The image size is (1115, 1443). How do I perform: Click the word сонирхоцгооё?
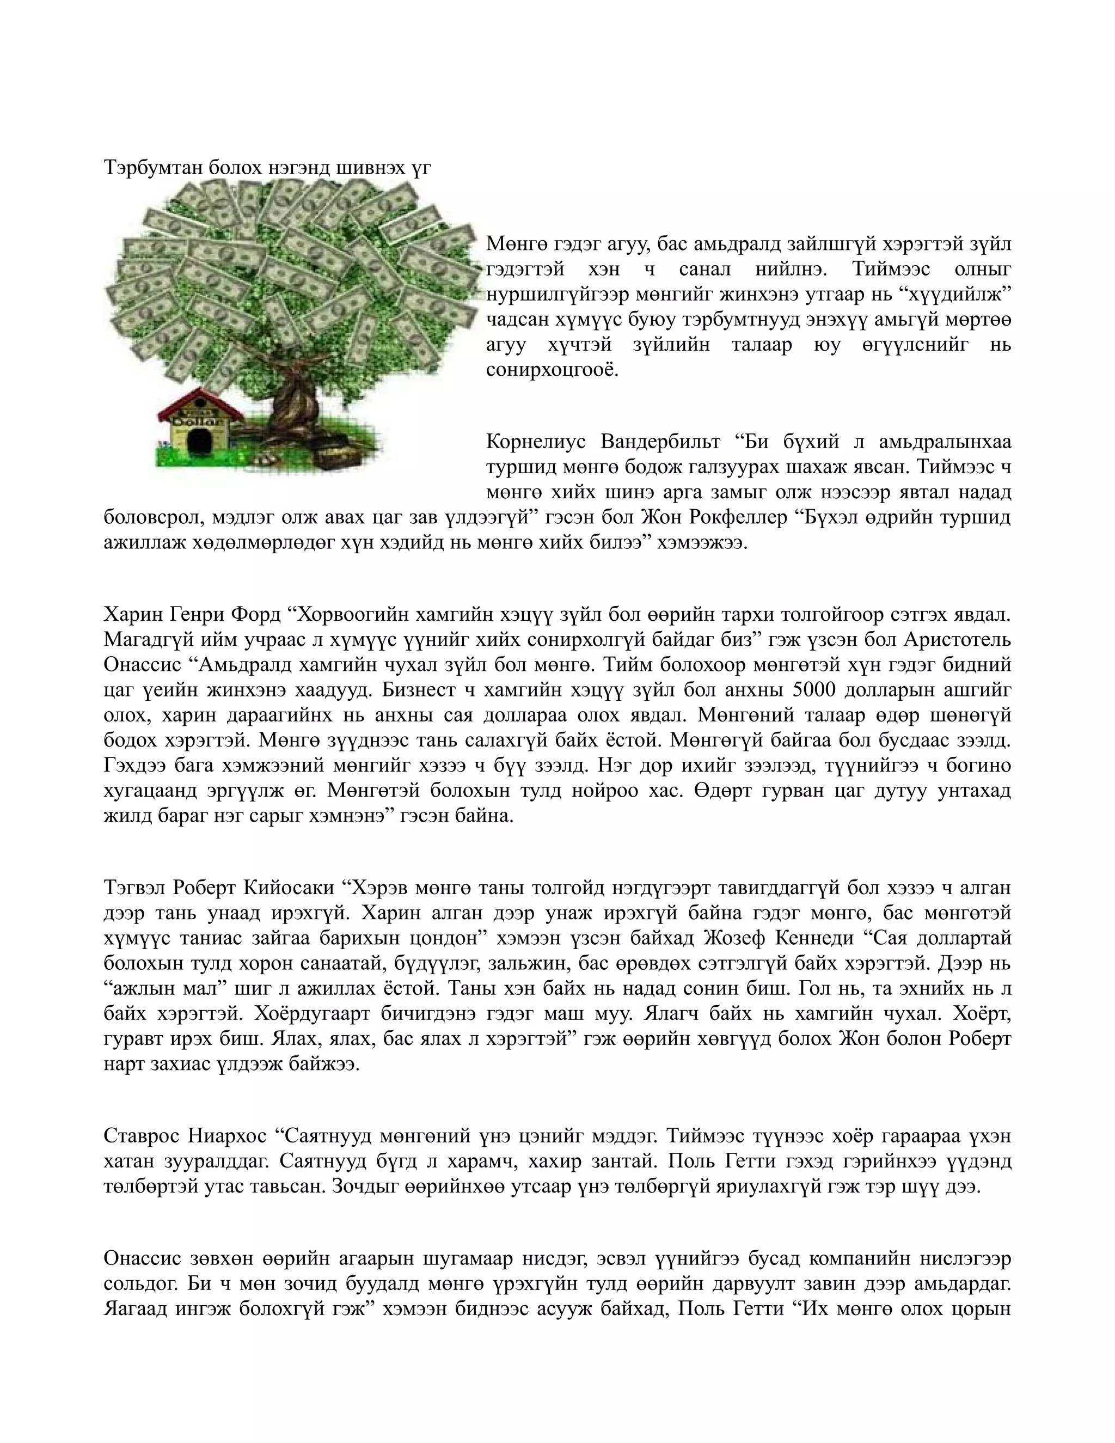point(552,369)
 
